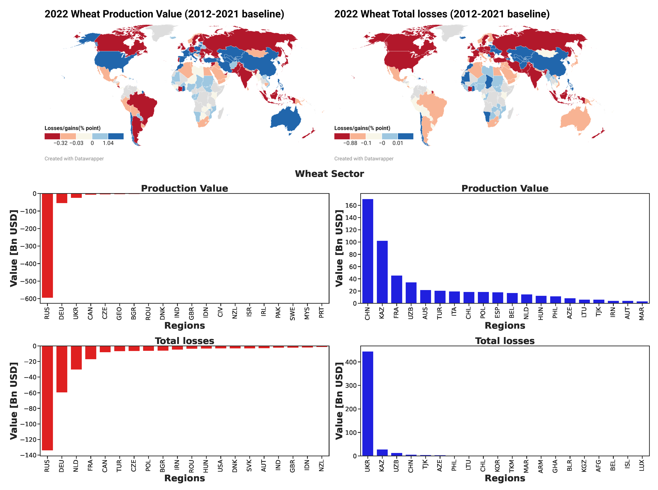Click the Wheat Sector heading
329,174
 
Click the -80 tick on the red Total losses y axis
30,408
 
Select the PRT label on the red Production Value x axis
321,312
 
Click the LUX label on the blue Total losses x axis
642,465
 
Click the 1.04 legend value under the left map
108,143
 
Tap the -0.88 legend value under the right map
350,143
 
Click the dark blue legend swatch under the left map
116,136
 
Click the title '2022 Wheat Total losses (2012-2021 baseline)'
442,14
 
